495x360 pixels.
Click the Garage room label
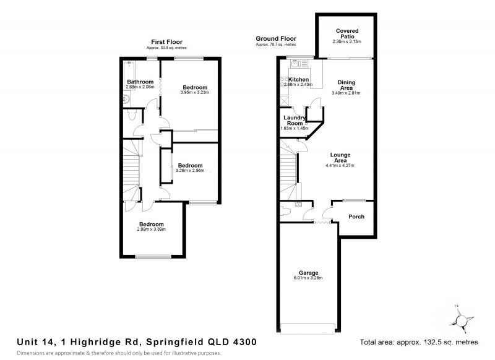coord(309,273)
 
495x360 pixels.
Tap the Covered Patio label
coord(347,34)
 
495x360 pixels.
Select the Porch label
coord(356,216)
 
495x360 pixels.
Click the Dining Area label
coord(346,85)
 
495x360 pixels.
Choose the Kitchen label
coord(298,80)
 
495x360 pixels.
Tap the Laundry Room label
coord(293,120)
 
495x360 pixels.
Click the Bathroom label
coord(140,82)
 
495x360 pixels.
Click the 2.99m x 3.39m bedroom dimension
coord(151,229)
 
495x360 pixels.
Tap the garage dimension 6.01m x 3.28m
coord(309,278)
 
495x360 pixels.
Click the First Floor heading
coord(166,42)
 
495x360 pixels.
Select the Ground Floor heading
coord(275,38)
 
